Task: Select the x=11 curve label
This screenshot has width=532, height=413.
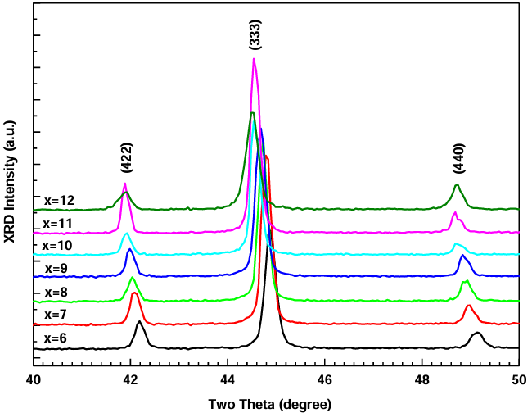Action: (x=58, y=222)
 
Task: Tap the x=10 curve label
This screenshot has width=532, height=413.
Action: (x=58, y=245)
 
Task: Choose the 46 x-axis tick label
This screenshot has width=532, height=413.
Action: (x=325, y=380)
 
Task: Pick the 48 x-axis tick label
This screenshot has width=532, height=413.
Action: (x=422, y=380)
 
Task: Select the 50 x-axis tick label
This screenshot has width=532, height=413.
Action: (x=518, y=380)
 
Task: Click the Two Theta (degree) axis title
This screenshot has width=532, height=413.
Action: (x=270, y=404)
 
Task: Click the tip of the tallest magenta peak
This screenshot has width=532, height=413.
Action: (x=255, y=59)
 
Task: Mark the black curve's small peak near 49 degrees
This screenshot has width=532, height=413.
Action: (x=476, y=334)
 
